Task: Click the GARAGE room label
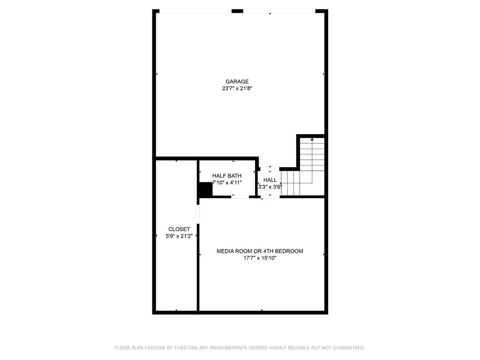(237, 82)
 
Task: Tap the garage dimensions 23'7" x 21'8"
(237, 89)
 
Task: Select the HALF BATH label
(227, 176)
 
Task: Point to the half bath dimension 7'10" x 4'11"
(227, 183)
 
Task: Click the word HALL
(270, 180)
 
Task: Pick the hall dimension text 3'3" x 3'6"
(270, 187)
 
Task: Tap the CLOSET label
(179, 229)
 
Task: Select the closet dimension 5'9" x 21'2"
(179, 236)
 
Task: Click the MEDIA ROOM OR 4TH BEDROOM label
(260, 251)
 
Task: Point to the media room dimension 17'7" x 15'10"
(260, 258)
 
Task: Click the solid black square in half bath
(205, 189)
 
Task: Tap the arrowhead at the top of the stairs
(312, 139)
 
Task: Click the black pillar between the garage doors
(237, 11)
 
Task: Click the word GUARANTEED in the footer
(349, 348)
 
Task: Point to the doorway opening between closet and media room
(198, 214)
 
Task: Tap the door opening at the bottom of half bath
(240, 197)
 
